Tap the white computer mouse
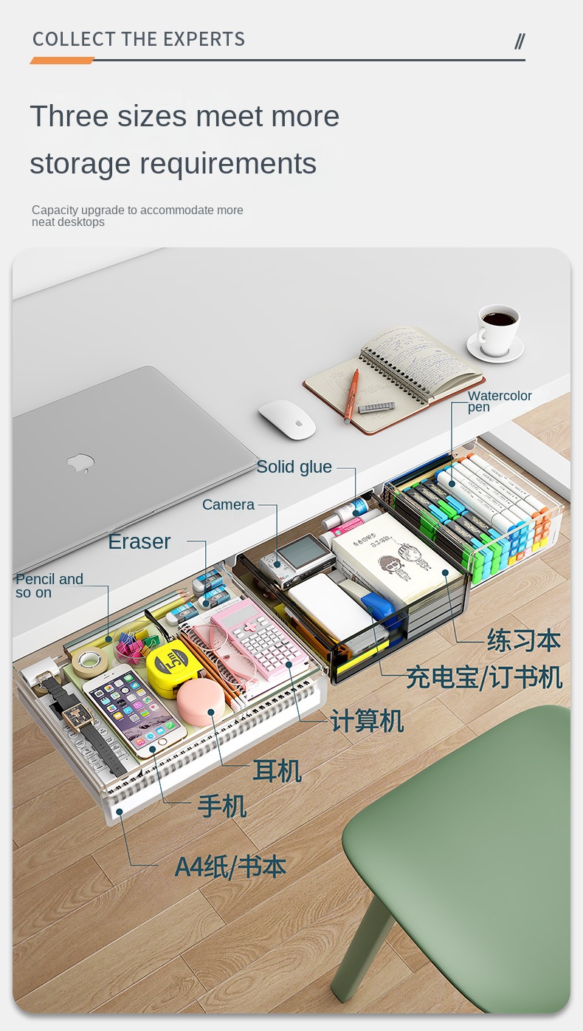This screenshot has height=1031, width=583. coord(287,419)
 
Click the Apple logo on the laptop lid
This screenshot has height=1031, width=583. coord(80,462)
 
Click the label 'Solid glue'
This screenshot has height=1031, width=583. coord(294,467)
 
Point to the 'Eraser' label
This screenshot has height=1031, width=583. coord(139,542)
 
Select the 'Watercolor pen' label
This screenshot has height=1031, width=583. coord(500,401)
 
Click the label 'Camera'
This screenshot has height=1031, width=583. coord(228,504)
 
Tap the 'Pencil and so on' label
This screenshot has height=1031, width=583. coord(49,586)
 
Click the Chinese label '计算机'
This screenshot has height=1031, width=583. coord(367,721)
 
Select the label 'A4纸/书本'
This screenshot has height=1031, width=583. coord(230,867)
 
